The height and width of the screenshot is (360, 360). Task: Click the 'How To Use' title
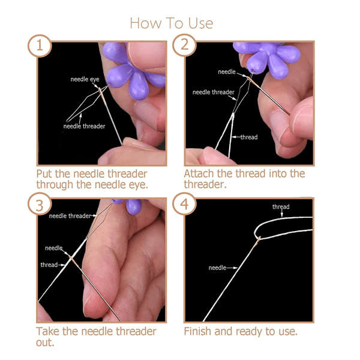tap(171, 23)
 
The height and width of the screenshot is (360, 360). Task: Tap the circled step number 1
tap(39, 46)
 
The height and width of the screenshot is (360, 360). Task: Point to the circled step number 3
tap(39, 205)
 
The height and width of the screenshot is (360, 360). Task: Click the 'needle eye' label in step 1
tap(85, 79)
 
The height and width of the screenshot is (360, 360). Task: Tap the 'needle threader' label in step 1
tap(85, 126)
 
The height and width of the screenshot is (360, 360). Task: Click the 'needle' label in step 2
tap(227, 72)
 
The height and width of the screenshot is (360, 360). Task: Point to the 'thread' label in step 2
tap(248, 137)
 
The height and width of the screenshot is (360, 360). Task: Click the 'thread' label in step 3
tap(49, 265)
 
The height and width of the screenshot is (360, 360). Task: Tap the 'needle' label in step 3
tap(53, 248)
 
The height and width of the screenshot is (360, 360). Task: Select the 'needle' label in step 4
tap(217, 268)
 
